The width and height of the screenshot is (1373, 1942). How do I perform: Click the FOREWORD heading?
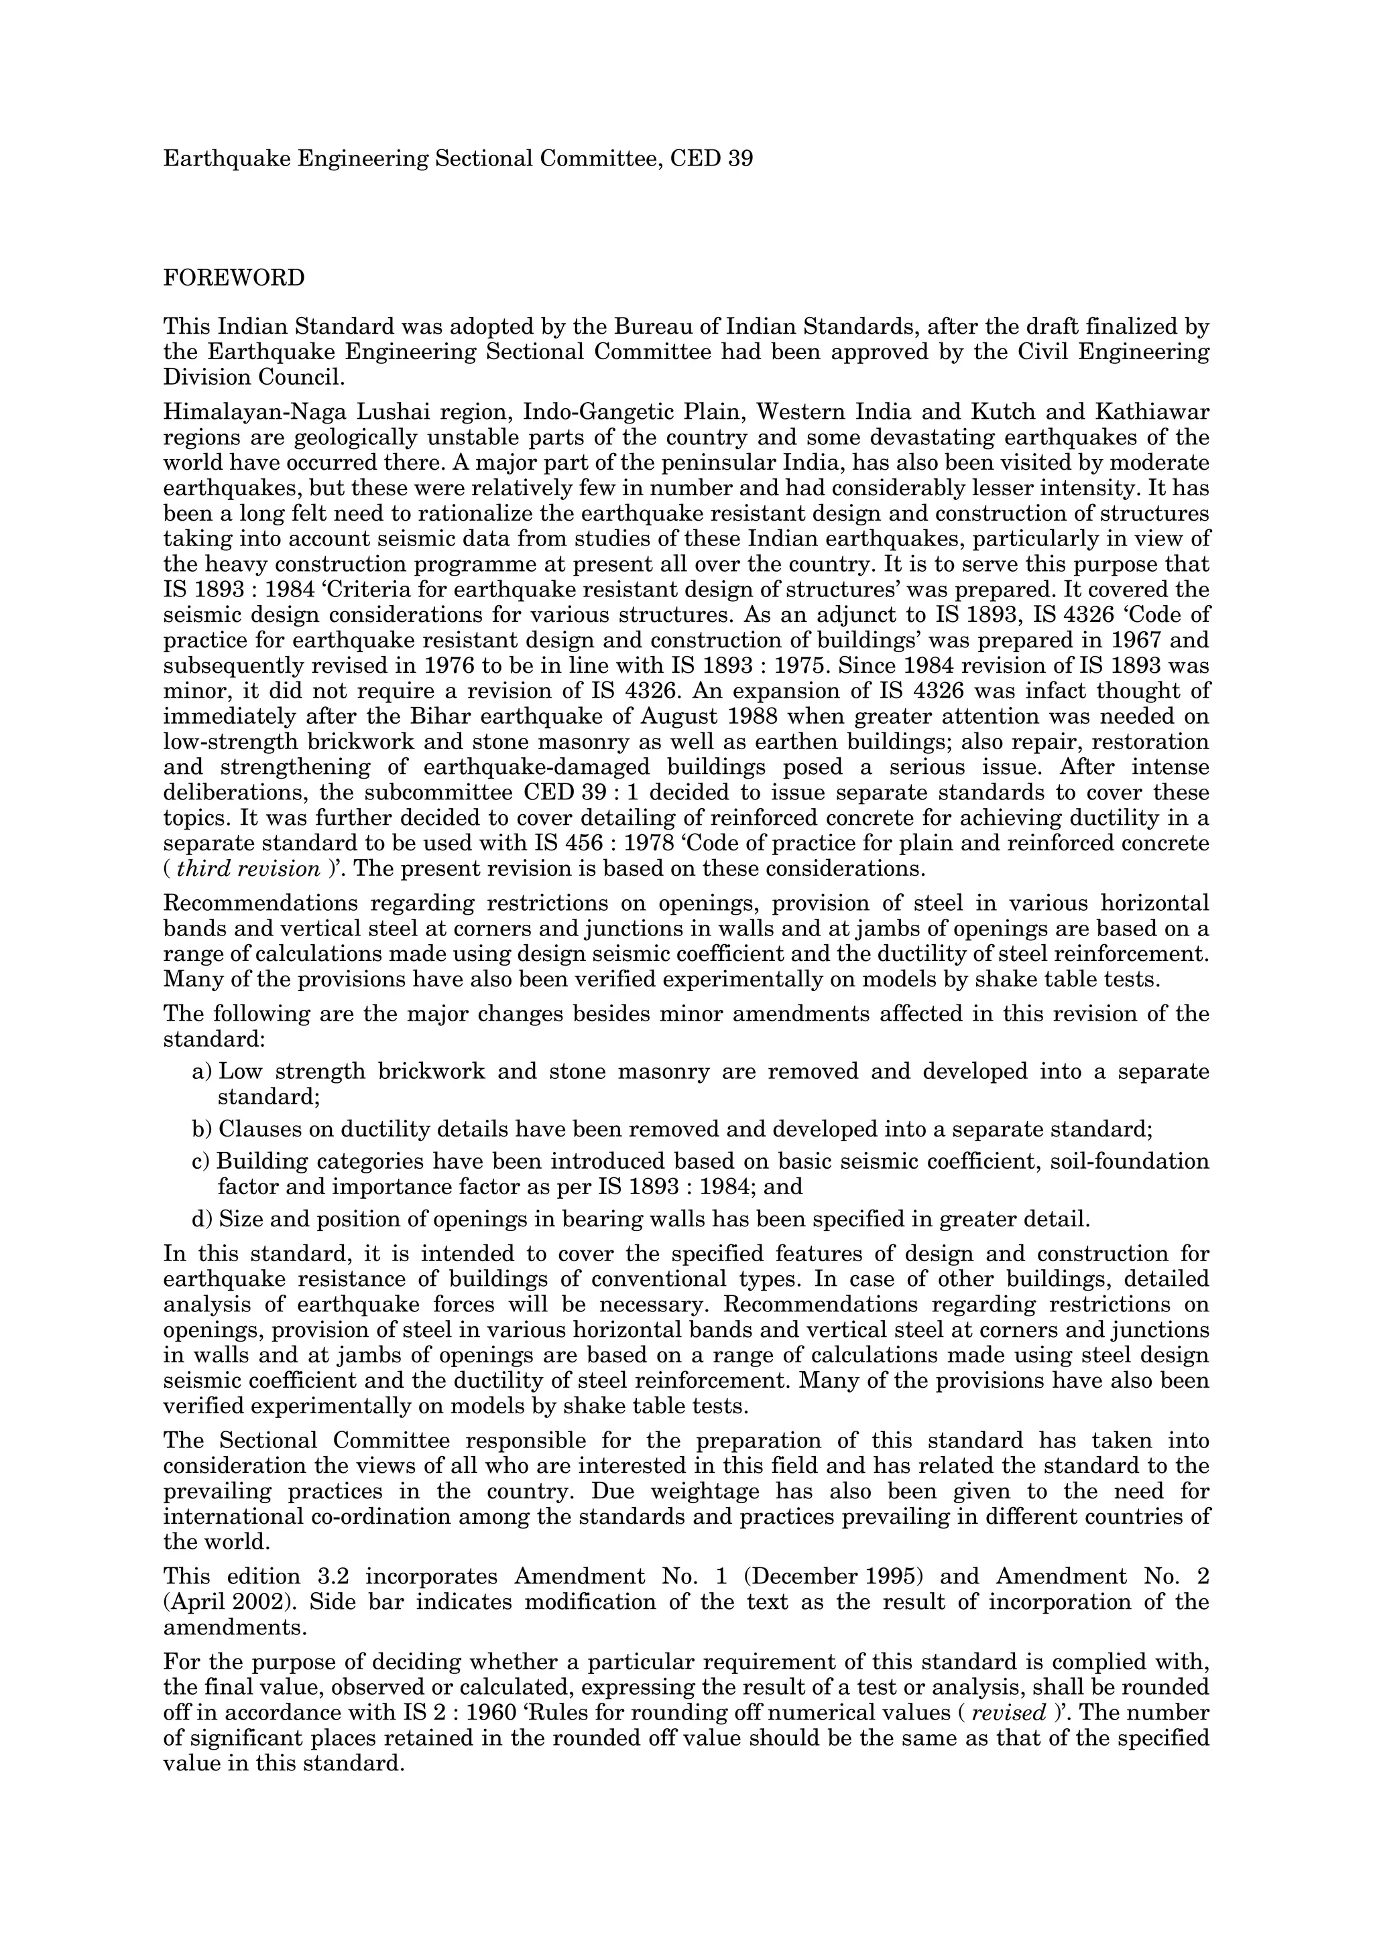[x=233, y=278]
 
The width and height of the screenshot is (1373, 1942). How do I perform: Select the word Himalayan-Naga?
[x=247, y=413]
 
